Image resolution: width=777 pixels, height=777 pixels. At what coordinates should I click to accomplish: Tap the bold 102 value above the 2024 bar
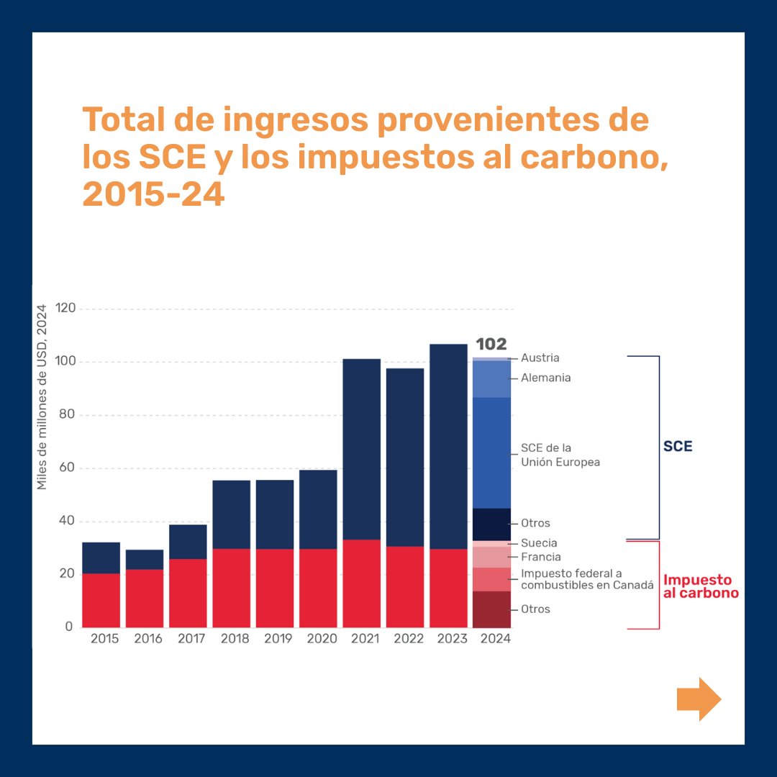tap(491, 344)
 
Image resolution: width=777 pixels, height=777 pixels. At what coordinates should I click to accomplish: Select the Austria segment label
tap(540, 358)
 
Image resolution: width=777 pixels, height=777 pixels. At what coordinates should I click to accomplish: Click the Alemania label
tap(545, 378)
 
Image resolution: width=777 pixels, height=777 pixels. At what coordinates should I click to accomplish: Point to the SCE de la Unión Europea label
tap(560, 455)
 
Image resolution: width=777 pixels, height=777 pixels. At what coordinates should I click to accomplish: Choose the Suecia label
tap(539, 543)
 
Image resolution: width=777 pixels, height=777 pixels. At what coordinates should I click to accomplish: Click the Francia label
tap(540, 557)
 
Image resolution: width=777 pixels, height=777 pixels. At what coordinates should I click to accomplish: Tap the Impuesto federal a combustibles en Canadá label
tap(587, 579)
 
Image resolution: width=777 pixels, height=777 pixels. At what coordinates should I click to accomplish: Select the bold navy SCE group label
tap(678, 446)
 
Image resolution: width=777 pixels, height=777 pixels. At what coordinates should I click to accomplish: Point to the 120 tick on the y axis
tap(65, 309)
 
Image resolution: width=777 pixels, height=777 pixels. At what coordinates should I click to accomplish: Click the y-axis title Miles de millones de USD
tap(42, 398)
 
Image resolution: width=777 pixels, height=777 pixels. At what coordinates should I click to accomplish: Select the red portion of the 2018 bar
tap(231, 588)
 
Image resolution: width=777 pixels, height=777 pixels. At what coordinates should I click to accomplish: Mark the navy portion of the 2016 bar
tap(144, 560)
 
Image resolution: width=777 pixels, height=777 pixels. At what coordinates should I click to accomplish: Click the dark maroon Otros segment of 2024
tap(491, 609)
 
